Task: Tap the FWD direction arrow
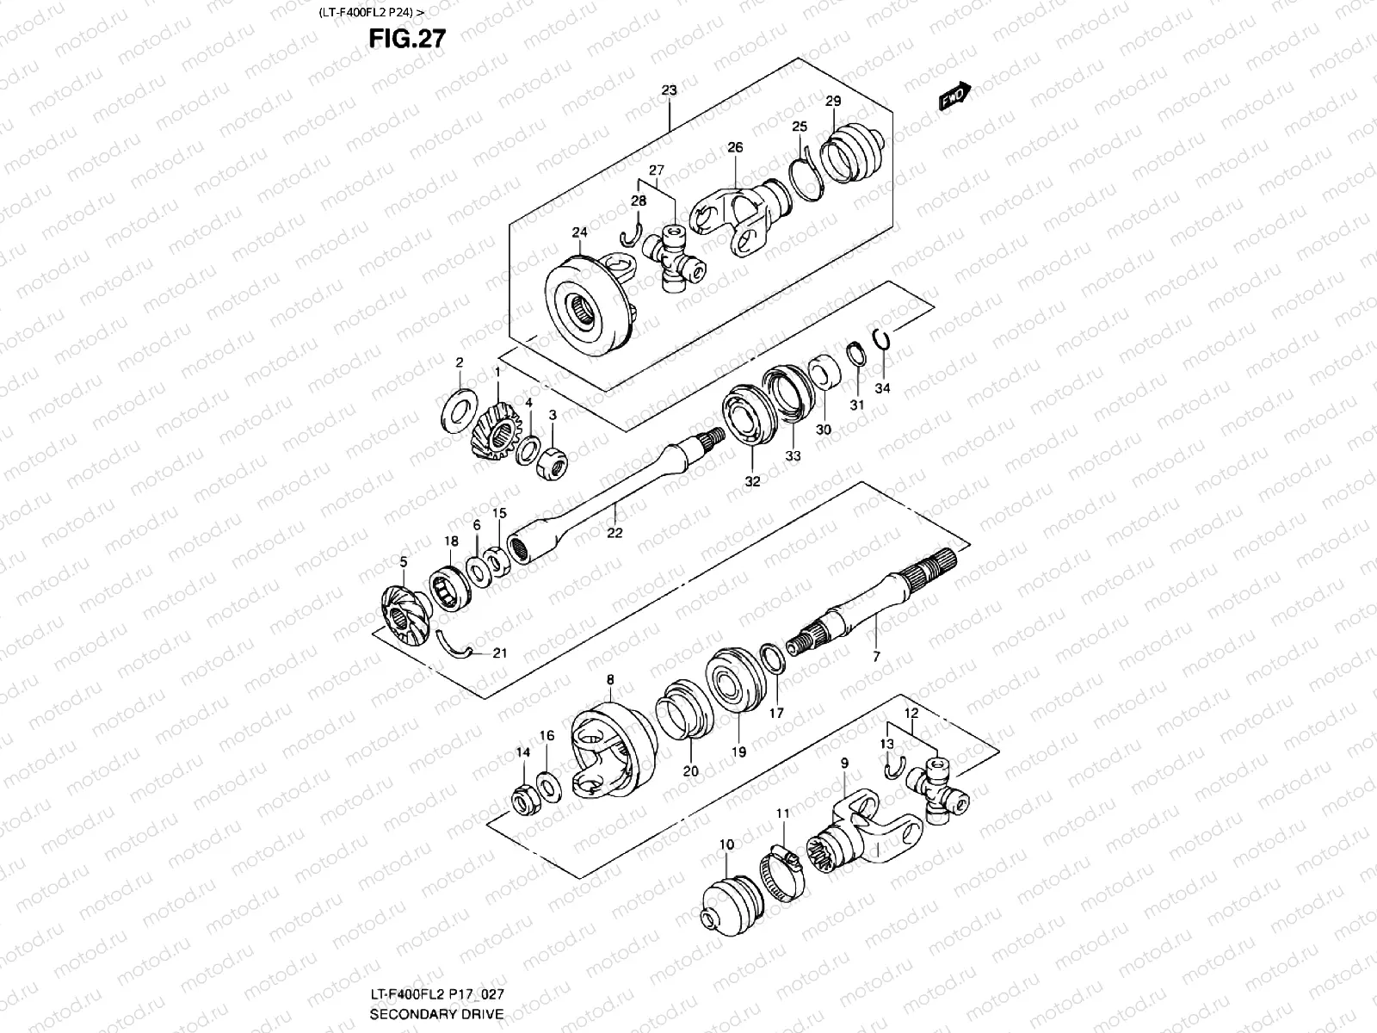pyautogui.click(x=954, y=96)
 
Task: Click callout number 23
pyautogui.click(x=670, y=90)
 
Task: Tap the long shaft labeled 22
pyautogui.click(x=602, y=499)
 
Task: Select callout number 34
pyautogui.click(x=883, y=388)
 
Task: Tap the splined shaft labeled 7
pyautogui.click(x=869, y=603)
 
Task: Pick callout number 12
pyautogui.click(x=911, y=714)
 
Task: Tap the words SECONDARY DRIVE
pyautogui.click(x=436, y=1015)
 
